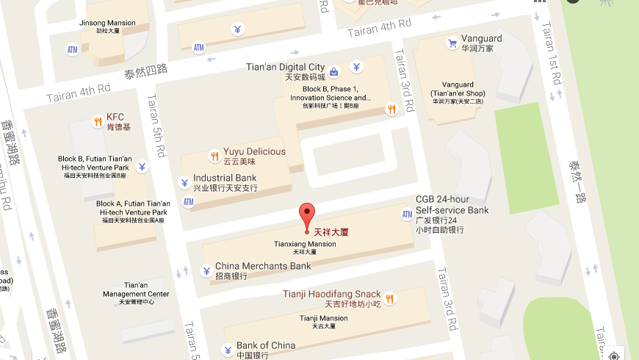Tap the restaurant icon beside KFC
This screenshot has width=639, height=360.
(x=97, y=121)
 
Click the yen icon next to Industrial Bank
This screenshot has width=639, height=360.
(x=184, y=182)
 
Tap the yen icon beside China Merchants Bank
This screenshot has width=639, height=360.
(x=206, y=270)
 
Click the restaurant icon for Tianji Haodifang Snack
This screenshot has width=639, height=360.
(x=390, y=298)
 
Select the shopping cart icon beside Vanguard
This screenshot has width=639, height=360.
(x=452, y=43)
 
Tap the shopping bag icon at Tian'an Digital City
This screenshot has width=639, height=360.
(x=334, y=72)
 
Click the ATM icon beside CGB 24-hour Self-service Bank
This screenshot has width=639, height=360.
(x=407, y=215)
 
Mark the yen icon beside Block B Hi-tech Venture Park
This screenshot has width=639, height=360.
(x=142, y=167)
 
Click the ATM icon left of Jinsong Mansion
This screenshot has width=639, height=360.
(x=72, y=50)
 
